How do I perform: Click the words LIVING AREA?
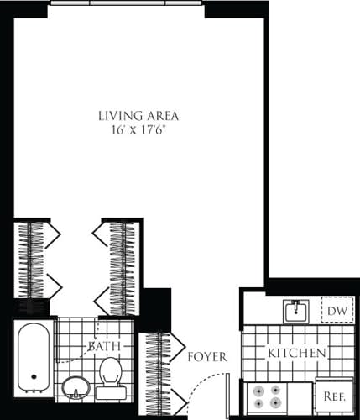pyautogui.click(x=138, y=115)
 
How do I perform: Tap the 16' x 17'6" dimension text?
pyautogui.click(x=138, y=130)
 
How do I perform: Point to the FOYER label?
pyautogui.click(x=208, y=356)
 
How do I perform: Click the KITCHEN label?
pyautogui.click(x=296, y=354)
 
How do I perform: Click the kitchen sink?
pyautogui.click(x=296, y=312)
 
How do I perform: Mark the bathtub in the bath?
pyautogui.click(x=34, y=357)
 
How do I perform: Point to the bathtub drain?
pyautogui.click(x=34, y=377)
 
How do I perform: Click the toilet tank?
pyautogui.click(x=110, y=391)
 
